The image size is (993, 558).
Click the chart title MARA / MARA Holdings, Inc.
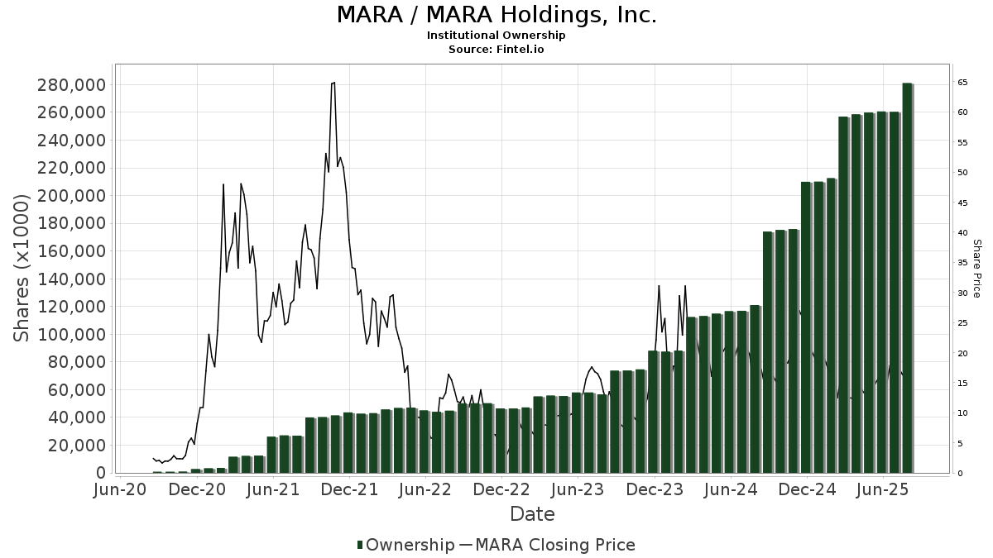(x=496, y=15)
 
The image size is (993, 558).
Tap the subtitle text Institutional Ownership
(x=496, y=36)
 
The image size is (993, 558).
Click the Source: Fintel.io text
(x=496, y=50)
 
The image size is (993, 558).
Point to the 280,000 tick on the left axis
(x=72, y=85)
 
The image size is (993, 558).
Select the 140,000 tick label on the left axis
(x=72, y=279)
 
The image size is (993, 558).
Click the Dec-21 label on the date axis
(x=349, y=490)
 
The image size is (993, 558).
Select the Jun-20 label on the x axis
(x=121, y=490)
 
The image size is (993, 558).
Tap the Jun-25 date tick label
(x=883, y=490)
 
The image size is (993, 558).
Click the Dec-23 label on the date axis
(x=655, y=490)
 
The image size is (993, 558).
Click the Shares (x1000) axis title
(x=22, y=268)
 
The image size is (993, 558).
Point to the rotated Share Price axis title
(x=976, y=268)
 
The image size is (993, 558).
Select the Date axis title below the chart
(x=532, y=514)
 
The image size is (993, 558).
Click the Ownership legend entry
(x=405, y=545)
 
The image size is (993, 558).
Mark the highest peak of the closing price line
(x=333, y=83)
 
